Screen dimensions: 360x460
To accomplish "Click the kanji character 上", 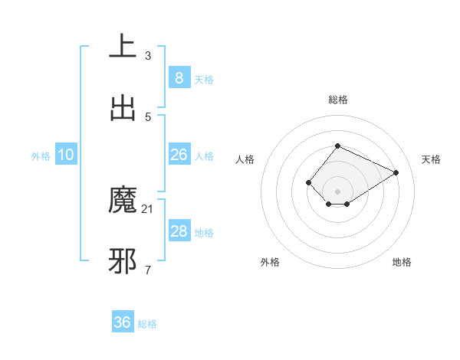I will tap(123, 45).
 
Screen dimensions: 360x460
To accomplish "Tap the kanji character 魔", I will tap(123, 199).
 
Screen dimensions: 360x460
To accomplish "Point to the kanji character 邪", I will tap(123, 260).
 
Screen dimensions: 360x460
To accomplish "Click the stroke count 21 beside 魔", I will tap(148, 208).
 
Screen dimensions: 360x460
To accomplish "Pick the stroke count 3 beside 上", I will tap(148, 55).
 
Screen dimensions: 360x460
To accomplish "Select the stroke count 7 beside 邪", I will tap(148, 270).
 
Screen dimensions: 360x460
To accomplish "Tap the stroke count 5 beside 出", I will tap(148, 116).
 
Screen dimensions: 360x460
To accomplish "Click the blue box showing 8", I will tap(179, 77).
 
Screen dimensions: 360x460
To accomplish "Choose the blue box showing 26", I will tap(179, 155).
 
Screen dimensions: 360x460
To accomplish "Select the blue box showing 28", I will tap(179, 231).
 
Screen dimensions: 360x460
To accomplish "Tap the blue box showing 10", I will tap(66, 155).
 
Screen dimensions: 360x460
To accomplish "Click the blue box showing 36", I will tap(123, 322).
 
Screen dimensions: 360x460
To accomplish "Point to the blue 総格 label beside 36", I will tap(148, 324).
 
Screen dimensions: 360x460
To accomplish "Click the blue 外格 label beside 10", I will tap(41, 156).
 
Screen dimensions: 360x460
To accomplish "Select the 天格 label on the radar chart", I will tap(431, 159).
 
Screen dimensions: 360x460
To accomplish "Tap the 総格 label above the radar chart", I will tap(338, 100).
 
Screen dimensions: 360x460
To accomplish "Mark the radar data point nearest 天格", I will tap(396, 172).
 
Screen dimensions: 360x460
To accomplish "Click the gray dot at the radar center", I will tap(338, 191).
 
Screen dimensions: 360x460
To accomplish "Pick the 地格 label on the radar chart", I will tap(402, 262).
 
